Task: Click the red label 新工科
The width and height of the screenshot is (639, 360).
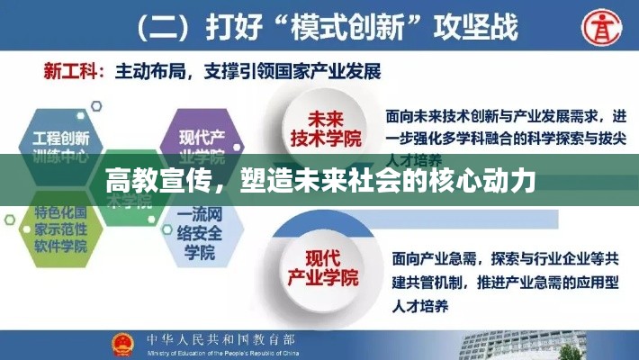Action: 71,70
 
